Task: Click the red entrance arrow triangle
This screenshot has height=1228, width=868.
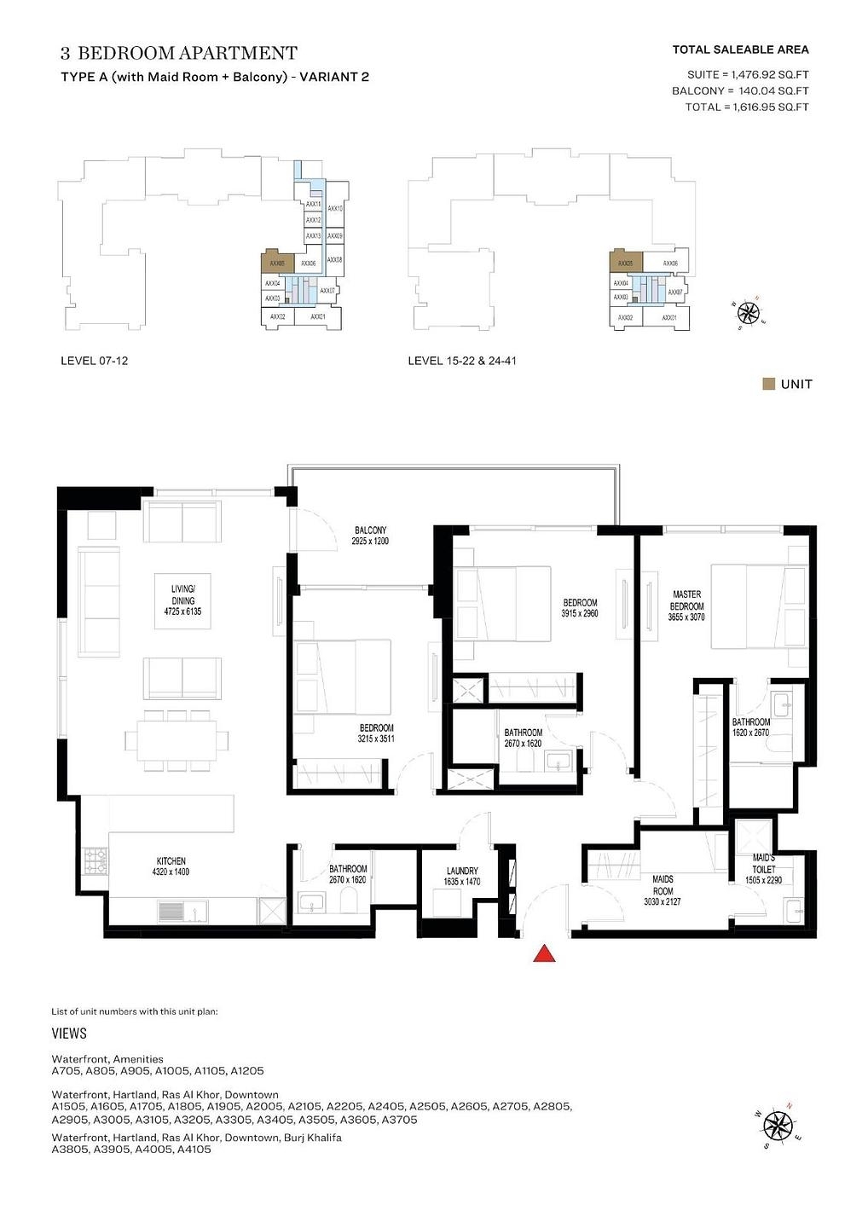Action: click(544, 953)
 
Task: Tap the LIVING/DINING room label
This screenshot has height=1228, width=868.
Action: click(182, 600)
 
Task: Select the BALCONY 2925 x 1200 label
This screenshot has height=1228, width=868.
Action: click(370, 536)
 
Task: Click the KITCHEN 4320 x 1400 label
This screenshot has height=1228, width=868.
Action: click(171, 866)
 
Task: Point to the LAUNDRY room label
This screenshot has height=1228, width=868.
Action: click(462, 877)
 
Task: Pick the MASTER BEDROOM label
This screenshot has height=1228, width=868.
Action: click(686, 605)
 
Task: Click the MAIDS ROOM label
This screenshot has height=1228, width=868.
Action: click(663, 889)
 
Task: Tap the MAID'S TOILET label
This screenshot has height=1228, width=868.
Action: click(763, 868)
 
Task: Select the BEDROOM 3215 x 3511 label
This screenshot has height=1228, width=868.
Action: click(376, 733)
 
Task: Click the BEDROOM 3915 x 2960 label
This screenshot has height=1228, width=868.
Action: click(580, 608)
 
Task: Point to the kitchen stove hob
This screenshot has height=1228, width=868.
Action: click(95, 862)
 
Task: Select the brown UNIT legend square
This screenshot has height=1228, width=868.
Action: click(768, 384)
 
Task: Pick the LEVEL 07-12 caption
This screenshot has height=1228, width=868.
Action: click(94, 361)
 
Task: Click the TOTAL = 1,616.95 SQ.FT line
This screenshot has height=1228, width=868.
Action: click(746, 107)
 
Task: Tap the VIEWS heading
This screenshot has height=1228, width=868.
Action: click(69, 1034)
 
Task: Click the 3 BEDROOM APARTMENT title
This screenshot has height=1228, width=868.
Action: click(179, 53)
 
